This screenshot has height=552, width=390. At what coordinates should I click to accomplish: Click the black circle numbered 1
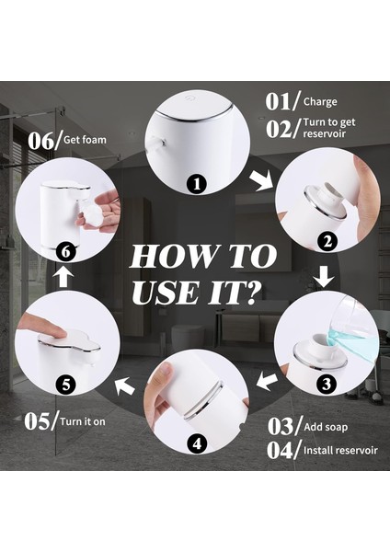(197, 184)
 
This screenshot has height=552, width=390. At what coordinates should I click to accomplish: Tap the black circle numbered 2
(327, 241)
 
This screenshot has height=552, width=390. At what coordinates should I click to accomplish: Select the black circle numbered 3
(327, 384)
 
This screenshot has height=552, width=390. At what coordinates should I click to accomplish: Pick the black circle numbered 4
(197, 443)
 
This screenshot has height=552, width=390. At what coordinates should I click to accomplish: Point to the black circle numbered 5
(66, 384)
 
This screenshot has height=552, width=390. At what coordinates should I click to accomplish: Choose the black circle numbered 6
(66, 252)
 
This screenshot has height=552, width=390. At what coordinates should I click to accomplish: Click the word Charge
(320, 102)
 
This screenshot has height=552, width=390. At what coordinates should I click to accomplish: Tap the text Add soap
(326, 427)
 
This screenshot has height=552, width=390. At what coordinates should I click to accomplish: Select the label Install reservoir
(340, 450)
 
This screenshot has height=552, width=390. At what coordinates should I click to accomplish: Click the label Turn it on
(83, 421)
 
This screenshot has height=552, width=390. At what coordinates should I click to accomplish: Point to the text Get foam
(85, 140)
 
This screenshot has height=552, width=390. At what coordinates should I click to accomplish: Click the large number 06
(41, 141)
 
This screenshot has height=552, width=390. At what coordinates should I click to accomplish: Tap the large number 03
(281, 426)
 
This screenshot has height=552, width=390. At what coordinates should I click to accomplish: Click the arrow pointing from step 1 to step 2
(262, 180)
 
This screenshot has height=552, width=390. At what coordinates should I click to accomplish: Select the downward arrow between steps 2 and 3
(324, 277)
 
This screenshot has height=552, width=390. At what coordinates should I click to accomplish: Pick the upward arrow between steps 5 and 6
(63, 276)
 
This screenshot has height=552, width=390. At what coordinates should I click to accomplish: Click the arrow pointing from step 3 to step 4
(267, 382)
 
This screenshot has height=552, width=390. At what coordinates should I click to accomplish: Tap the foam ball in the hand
(93, 218)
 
